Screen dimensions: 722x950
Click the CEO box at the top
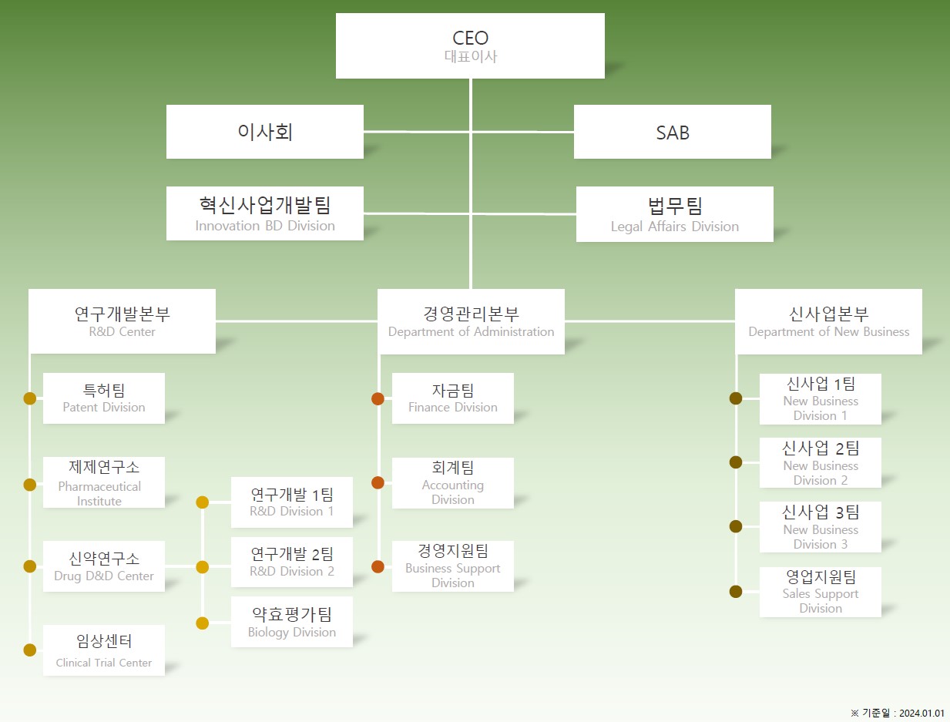coord(470,45)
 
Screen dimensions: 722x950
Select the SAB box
coord(672,132)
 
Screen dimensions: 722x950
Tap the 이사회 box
coord(264,132)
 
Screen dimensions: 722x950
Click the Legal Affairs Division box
coord(674,214)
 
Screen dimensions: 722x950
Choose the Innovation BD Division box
coord(264,213)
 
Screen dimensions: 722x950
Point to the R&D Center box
coord(122,321)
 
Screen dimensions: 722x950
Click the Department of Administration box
coord(471,321)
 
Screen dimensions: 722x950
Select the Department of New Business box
coord(828,321)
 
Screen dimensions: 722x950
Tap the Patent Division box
coord(104,398)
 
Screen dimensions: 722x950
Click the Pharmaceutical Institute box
coord(104,482)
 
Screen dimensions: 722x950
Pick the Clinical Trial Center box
coord(104,650)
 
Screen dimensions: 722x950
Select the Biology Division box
coord(292,622)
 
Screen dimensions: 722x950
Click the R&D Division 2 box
coord(292,562)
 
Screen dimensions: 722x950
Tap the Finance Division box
coord(453,398)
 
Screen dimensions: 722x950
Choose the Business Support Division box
coord(453,566)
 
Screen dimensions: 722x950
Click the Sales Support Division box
coord(821,592)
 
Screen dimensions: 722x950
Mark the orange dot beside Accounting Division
coord(378,482)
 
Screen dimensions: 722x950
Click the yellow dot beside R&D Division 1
coord(202,502)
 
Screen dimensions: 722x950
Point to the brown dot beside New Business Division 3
coord(736,526)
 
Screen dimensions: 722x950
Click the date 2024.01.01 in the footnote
coord(921,713)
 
